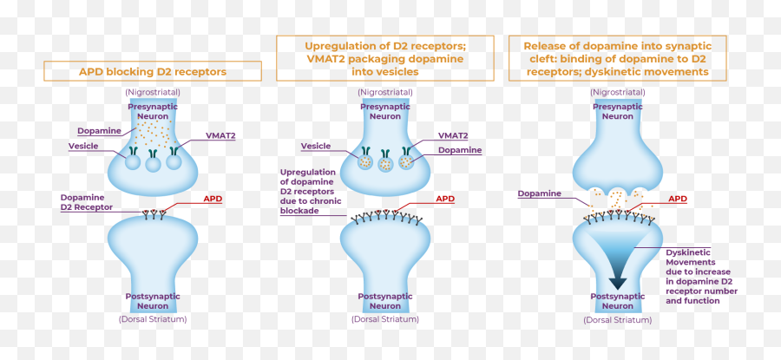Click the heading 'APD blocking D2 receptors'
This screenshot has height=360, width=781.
tap(153, 71)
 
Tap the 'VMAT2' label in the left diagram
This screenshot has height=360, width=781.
tap(220, 136)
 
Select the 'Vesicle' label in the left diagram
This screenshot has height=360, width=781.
tap(82, 146)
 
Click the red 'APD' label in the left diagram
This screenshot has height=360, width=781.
tap(213, 199)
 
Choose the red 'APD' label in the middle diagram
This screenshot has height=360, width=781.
tap(445, 199)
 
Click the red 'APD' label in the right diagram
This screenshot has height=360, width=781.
tap(678, 199)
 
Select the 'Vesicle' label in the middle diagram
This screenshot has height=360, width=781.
tap(315, 146)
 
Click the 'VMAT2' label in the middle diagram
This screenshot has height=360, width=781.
tap(453, 136)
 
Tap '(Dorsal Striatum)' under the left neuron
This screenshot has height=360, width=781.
tap(153, 319)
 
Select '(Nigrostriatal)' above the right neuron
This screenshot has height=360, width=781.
tap(618, 91)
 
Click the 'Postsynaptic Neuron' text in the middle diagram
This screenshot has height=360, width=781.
tap(385, 301)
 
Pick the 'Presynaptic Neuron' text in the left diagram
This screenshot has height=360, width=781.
tap(153, 111)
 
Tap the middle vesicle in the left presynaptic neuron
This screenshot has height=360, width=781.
tap(154, 162)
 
